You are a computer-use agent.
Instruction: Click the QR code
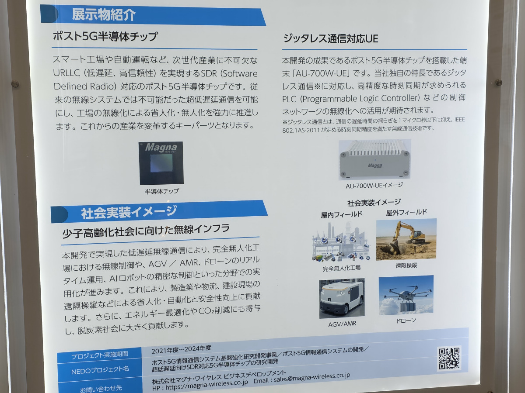pyautogui.click(x=449, y=359)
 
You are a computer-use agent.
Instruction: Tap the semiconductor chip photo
pyautogui.click(x=161, y=163)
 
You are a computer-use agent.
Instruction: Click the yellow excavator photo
pyautogui.click(x=406, y=239)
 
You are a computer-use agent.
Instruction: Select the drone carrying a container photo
pyautogui.click(x=406, y=295)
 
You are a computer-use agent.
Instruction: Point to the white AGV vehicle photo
pyautogui.click(x=342, y=298)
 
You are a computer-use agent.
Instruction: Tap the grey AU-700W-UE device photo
pyautogui.click(x=374, y=159)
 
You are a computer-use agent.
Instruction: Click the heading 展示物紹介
pyautogui.click(x=104, y=15)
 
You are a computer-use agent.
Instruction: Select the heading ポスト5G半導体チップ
pyautogui.click(x=105, y=37)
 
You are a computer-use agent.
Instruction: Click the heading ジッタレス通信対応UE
pyautogui.click(x=331, y=39)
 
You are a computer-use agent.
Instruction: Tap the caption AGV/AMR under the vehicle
pyautogui.click(x=342, y=324)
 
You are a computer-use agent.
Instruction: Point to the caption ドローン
pyautogui.click(x=406, y=321)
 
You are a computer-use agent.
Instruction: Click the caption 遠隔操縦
pyautogui.click(x=406, y=265)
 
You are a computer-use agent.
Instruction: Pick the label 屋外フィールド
pyautogui.click(x=406, y=212)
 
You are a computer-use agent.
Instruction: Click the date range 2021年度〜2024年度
pyautogui.click(x=181, y=350)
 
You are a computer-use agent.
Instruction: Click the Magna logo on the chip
pyautogui.click(x=161, y=148)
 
